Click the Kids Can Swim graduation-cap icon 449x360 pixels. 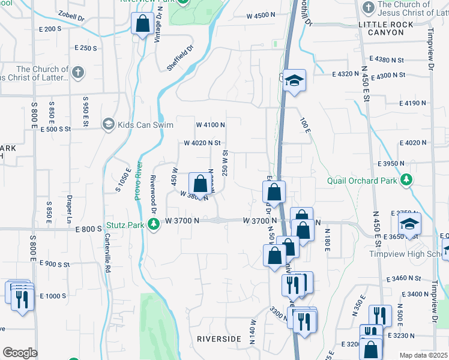109,125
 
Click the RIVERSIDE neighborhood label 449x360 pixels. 219,339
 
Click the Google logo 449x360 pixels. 19,352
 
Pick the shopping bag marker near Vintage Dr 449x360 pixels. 143,25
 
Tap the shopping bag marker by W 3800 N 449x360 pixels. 200,184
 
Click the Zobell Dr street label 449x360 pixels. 71,16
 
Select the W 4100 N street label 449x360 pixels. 210,125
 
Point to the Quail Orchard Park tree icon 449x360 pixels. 407,180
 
